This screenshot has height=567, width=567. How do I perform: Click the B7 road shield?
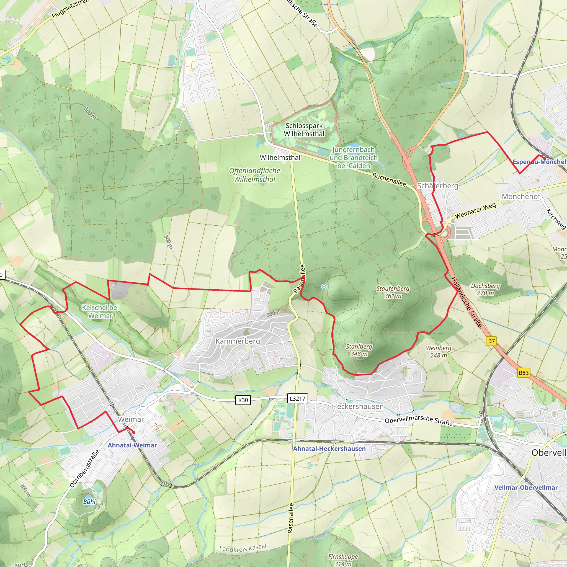click(x=491, y=341)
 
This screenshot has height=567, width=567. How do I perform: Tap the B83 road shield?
click(x=524, y=373)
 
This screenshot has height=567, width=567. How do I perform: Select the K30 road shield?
click(x=243, y=400)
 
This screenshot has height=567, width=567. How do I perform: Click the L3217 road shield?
click(x=297, y=399)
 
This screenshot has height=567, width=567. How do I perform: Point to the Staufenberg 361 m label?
click(x=393, y=292)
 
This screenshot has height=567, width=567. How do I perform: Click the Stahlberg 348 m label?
click(x=359, y=350)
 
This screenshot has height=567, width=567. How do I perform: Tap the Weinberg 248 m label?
click(x=439, y=352)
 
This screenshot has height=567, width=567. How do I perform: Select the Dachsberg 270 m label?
click(x=485, y=289)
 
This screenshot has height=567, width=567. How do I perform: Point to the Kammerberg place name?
click(x=238, y=341)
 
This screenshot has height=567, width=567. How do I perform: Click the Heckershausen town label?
click(x=357, y=406)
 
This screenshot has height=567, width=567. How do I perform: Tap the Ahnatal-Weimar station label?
click(x=132, y=445)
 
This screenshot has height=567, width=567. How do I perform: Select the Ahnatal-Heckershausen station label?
click(x=329, y=449)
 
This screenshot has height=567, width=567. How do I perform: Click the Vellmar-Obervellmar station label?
click(x=526, y=488)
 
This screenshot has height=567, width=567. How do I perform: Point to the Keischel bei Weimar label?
click(x=100, y=312)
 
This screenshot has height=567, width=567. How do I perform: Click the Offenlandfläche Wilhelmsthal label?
click(x=254, y=175)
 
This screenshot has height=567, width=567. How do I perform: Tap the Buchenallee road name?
click(x=389, y=179)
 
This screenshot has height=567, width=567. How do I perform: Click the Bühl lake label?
click(x=89, y=502)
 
